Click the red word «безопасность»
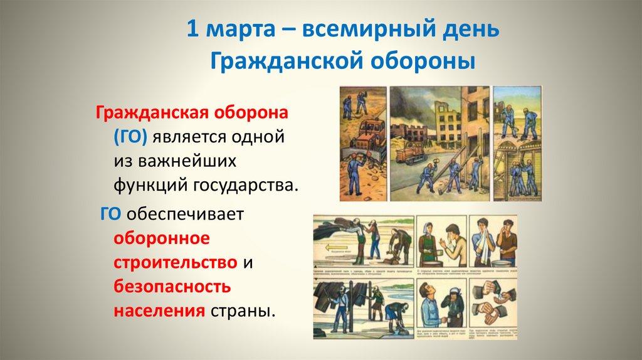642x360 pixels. tap(172, 287)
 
